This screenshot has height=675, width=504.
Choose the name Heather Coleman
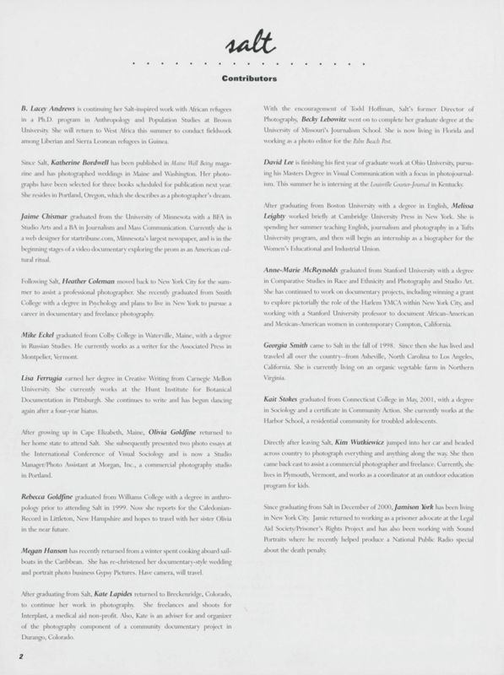click(x=107, y=291)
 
